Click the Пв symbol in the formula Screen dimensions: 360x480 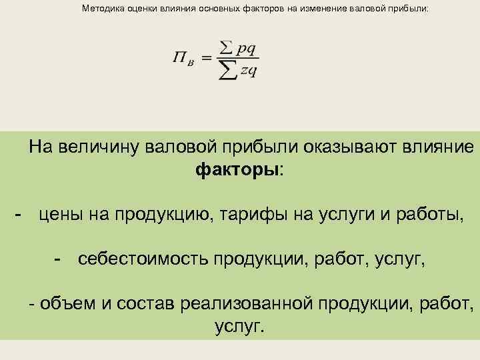pos(183,59)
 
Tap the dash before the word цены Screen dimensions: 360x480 pos(20,213)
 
